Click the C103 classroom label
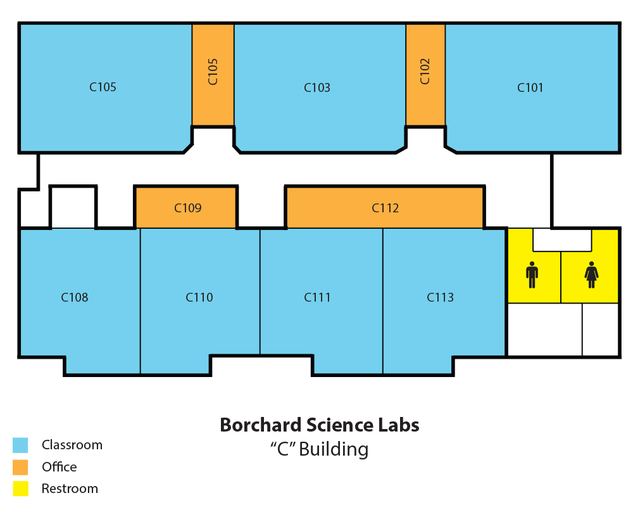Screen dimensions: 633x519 pyautogui.click(x=317, y=87)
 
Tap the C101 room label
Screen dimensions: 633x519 pyautogui.click(x=530, y=87)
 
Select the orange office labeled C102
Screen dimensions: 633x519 pyautogui.click(x=425, y=75)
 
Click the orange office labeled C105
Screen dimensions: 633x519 pyautogui.click(x=213, y=75)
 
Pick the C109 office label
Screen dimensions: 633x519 pyautogui.click(x=188, y=208)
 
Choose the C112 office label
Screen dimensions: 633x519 pyautogui.click(x=385, y=208)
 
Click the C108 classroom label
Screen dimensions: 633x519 pyautogui.click(x=74, y=297)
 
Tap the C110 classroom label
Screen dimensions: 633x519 pyautogui.click(x=199, y=297)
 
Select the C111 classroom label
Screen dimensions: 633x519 pyautogui.click(x=317, y=297)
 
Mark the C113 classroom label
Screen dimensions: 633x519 pyautogui.click(x=440, y=297)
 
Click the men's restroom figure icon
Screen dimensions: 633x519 pyautogui.click(x=532, y=275)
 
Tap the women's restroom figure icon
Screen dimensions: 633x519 pyautogui.click(x=591, y=275)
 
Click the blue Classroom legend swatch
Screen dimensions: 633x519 pyautogui.click(x=20, y=445)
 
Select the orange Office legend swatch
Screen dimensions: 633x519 pyautogui.click(x=20, y=467)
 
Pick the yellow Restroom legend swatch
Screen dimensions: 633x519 pyautogui.click(x=20, y=489)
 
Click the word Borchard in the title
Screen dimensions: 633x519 pyautogui.click(x=260, y=425)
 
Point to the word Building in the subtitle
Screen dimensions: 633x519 pyautogui.click(x=334, y=450)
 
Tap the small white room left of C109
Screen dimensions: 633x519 pyautogui.click(x=73, y=207)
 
